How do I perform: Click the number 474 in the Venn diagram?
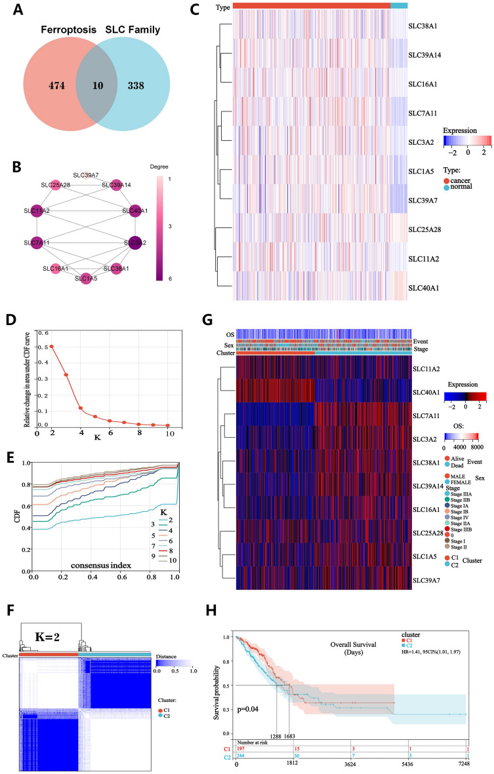click(x=50, y=86)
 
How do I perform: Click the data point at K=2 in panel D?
click(x=52, y=347)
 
